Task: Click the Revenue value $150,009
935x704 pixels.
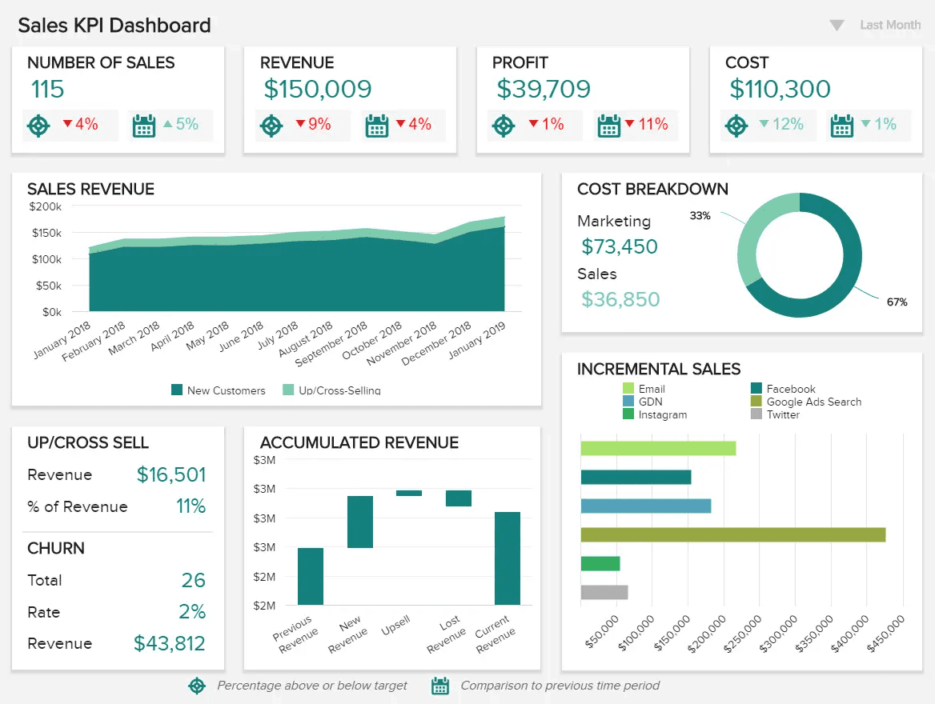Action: click(318, 90)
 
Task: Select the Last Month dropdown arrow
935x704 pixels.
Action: click(837, 26)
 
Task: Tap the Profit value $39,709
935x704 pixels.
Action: click(544, 90)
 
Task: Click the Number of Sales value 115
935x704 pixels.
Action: click(47, 90)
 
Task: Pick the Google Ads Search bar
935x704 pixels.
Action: click(732, 534)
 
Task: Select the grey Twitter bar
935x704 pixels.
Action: click(604, 592)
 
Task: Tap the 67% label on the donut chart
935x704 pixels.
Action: click(897, 302)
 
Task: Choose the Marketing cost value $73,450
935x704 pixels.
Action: click(620, 246)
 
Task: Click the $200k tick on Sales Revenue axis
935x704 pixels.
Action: click(45, 206)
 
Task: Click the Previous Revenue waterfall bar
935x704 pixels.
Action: click(311, 576)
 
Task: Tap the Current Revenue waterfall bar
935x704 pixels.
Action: click(508, 558)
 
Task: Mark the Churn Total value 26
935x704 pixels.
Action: click(193, 580)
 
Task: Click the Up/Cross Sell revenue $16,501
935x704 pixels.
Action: click(171, 474)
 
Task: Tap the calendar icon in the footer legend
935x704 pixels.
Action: click(439, 686)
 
